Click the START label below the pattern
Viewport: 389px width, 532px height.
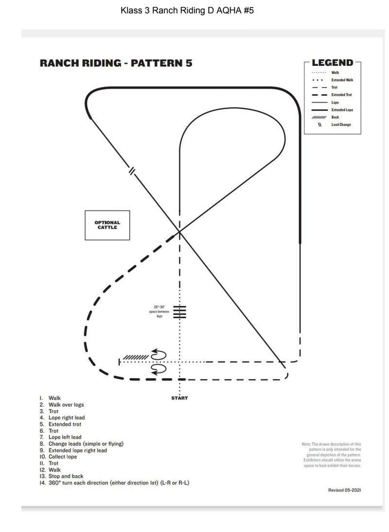(x=179, y=398)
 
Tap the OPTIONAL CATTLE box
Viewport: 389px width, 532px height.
(x=107, y=225)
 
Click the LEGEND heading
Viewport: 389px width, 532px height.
(x=333, y=63)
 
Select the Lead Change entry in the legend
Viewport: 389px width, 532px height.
(x=341, y=125)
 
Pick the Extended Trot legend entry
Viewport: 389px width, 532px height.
(x=342, y=95)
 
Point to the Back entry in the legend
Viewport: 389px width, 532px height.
(x=336, y=117)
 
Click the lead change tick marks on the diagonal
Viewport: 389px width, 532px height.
(x=132, y=171)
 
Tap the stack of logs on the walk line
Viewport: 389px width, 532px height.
(x=179, y=311)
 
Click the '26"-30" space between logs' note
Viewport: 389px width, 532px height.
(x=159, y=311)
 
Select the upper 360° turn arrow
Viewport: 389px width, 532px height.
(x=159, y=354)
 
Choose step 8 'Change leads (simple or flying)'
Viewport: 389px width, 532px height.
(x=86, y=444)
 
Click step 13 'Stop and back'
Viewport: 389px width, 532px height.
(x=66, y=476)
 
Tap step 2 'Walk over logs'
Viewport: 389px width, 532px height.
(x=66, y=405)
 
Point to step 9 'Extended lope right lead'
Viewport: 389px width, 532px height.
(x=77, y=451)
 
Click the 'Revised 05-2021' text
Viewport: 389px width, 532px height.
(x=345, y=490)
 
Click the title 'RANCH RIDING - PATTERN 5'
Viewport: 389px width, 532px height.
(x=116, y=64)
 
